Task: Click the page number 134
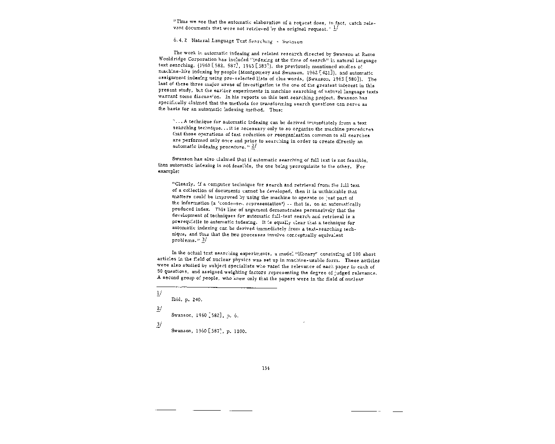point(266,368)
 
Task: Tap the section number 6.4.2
point(180,41)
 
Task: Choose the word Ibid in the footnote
point(176,300)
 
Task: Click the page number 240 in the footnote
point(196,300)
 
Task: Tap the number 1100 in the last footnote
point(239,331)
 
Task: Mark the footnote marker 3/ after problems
point(204,241)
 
